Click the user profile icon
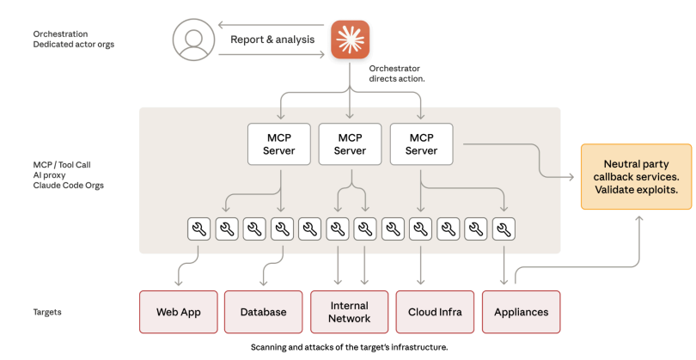coord(192,40)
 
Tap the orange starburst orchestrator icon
coord(350,40)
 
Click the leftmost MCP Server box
coord(278,144)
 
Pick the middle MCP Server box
coord(350,144)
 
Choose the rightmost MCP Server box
coord(421,144)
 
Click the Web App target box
coord(178,312)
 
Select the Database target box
coord(263,312)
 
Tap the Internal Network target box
coord(349,312)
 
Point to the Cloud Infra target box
coord(434,312)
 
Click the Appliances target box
coord(521,312)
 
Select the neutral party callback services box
coord(636,176)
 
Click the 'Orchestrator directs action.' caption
coord(398,73)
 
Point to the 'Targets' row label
coord(48,312)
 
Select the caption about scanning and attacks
coord(349,347)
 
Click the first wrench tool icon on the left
coord(198,229)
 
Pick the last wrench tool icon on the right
coord(504,229)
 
